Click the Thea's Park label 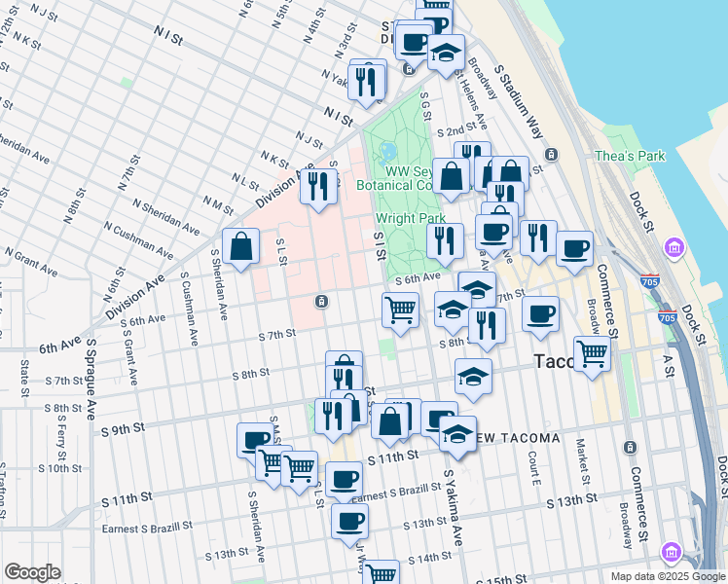pyautogui.click(x=630, y=156)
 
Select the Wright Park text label pyautogui.click(x=403, y=219)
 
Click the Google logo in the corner pyautogui.click(x=31, y=572)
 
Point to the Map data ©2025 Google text pyautogui.click(x=667, y=576)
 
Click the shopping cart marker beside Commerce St pyautogui.click(x=592, y=354)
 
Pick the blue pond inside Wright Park pyautogui.click(x=389, y=153)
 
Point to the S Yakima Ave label pyautogui.click(x=453, y=505)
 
